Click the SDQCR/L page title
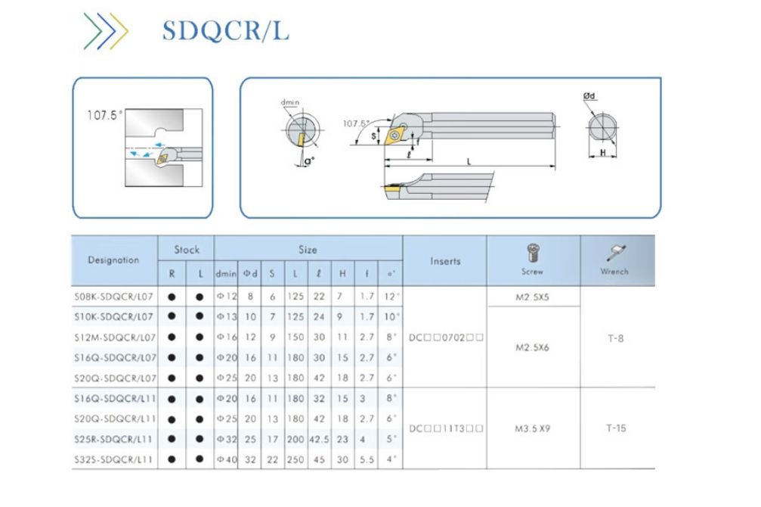pos(225,32)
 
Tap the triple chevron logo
pos(106,32)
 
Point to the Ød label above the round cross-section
pos(592,96)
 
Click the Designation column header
pos(113,260)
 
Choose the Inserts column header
pos(445,260)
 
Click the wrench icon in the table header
pos(617,253)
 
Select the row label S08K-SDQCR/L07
pos(113,297)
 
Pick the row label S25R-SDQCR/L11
pos(113,439)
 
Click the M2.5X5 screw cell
pos(532,297)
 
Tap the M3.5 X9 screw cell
pos(532,428)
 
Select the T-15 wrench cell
pos(617,428)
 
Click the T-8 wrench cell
pos(617,338)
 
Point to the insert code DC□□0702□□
pos(445,338)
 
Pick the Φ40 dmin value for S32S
pos(226,459)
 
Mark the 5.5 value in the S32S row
pos(367,459)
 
